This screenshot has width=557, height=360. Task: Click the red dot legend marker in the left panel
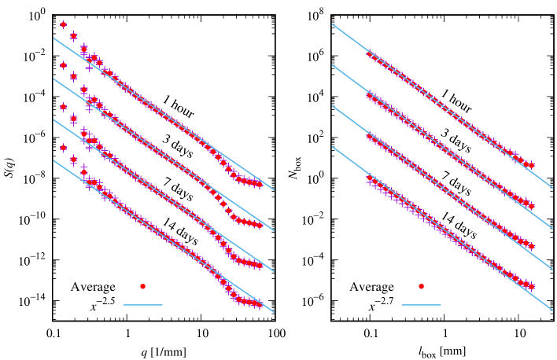pyautogui.click(x=142, y=286)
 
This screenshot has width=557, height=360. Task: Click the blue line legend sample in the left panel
pyautogui.click(x=142, y=305)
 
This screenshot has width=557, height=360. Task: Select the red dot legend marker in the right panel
pyautogui.click(x=421, y=286)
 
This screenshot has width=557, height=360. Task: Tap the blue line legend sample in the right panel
pyautogui.click(x=421, y=305)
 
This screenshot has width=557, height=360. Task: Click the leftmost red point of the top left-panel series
pyautogui.click(x=64, y=24)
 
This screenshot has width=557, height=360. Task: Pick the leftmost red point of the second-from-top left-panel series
pyautogui.click(x=64, y=65)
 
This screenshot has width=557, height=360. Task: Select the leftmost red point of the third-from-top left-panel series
pyautogui.click(x=64, y=107)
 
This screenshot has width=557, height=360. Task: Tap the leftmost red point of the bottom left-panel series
pyautogui.click(x=64, y=148)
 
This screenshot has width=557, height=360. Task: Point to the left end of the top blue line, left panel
pyautogui.click(x=53, y=38)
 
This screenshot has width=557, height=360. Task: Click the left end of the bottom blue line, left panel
pyautogui.click(x=53, y=160)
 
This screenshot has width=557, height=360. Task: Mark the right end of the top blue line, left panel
pyautogui.click(x=274, y=189)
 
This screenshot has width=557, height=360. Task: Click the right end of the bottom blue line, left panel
pyautogui.click(x=274, y=312)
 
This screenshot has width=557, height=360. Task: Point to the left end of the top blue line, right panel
pyautogui.click(x=332, y=24)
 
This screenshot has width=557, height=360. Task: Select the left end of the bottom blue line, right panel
pyautogui.click(x=332, y=146)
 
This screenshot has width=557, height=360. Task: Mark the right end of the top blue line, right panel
pyautogui.click(x=553, y=189)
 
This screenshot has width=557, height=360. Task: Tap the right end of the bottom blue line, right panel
pyautogui.click(x=553, y=310)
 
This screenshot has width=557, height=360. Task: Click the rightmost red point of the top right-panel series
pyautogui.click(x=532, y=166)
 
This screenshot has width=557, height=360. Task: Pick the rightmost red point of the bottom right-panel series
pyautogui.click(x=532, y=286)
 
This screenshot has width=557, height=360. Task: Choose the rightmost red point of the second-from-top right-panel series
pyautogui.click(x=532, y=206)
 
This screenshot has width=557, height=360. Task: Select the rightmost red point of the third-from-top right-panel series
pyautogui.click(x=532, y=246)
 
